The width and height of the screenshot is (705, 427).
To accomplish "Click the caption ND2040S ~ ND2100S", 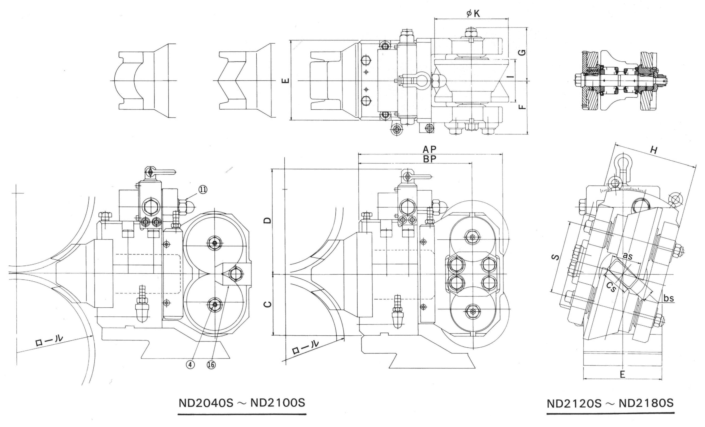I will tap(242, 403).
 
